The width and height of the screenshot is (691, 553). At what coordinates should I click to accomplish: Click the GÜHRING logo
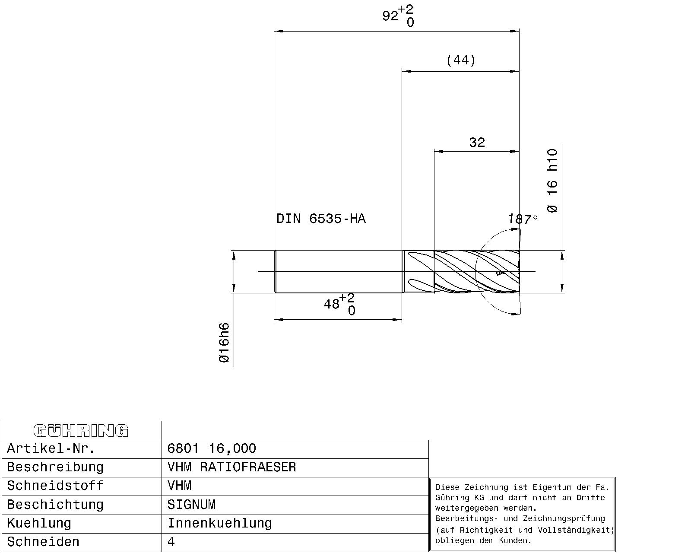pyautogui.click(x=81, y=431)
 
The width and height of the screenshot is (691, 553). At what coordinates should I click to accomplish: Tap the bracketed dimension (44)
pyautogui.click(x=461, y=60)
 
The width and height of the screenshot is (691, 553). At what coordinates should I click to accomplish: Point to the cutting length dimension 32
pyautogui.click(x=477, y=142)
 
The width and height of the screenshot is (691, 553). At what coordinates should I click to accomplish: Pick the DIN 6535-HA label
pyautogui.click(x=321, y=219)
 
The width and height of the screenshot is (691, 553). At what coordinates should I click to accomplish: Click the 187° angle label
pyautogui.click(x=523, y=219)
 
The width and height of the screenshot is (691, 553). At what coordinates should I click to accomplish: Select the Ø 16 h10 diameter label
pyautogui.click(x=552, y=180)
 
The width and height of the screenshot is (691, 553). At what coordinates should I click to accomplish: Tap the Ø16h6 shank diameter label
pyautogui.click(x=224, y=343)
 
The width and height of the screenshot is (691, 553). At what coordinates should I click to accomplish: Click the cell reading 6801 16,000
pyautogui.click(x=212, y=448)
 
